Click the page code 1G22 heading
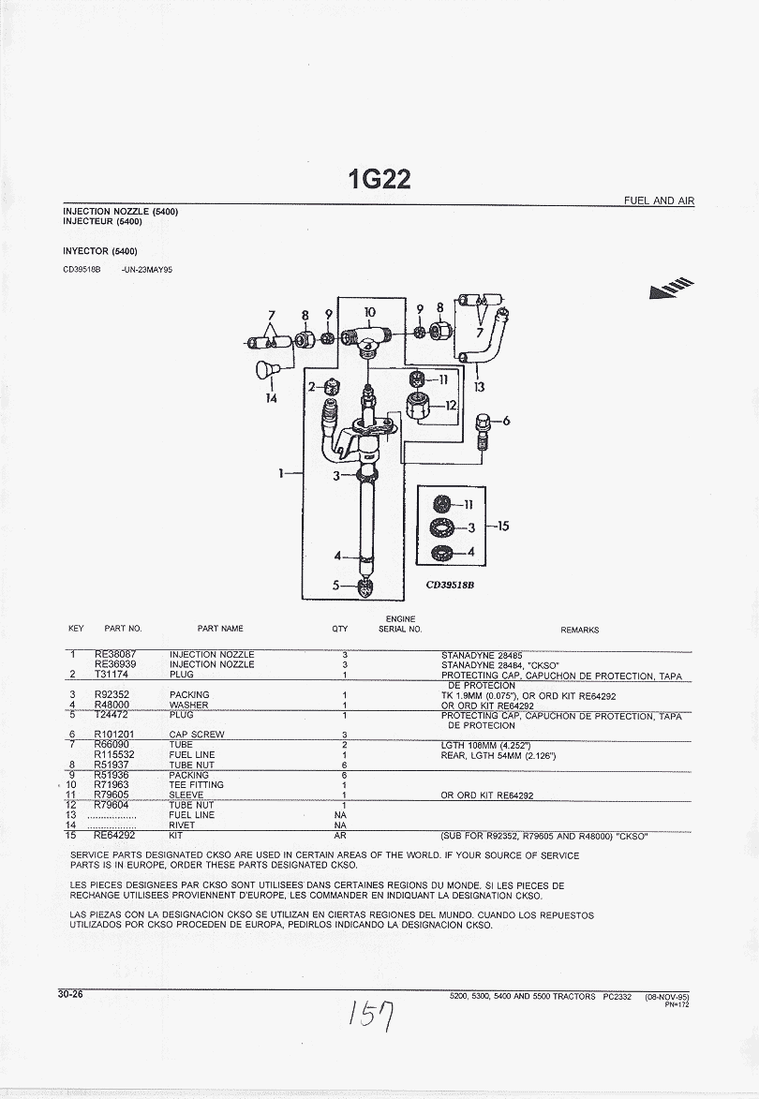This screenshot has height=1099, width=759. coord(379,178)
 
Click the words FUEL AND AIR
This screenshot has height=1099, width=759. coord(660,201)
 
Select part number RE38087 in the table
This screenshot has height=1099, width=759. coord(115,654)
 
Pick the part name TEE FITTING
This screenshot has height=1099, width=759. coord(196,785)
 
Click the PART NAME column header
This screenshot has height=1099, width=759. coord(220,630)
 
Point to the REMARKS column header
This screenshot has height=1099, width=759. coord(579,631)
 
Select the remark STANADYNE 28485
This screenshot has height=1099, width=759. coord(482,654)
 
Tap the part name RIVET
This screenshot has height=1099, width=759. coord(182,825)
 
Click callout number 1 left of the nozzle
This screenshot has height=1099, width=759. coord(281,473)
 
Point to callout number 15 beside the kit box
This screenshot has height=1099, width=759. coord(503,526)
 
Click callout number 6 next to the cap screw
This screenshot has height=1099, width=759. coord(507,421)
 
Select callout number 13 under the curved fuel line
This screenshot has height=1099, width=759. coord(480,386)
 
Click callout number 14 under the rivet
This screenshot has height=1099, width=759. coord(272,396)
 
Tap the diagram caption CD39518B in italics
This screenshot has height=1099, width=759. coord(451,582)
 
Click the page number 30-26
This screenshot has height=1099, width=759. coord(70,994)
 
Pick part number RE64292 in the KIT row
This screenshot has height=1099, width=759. coord(114,835)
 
